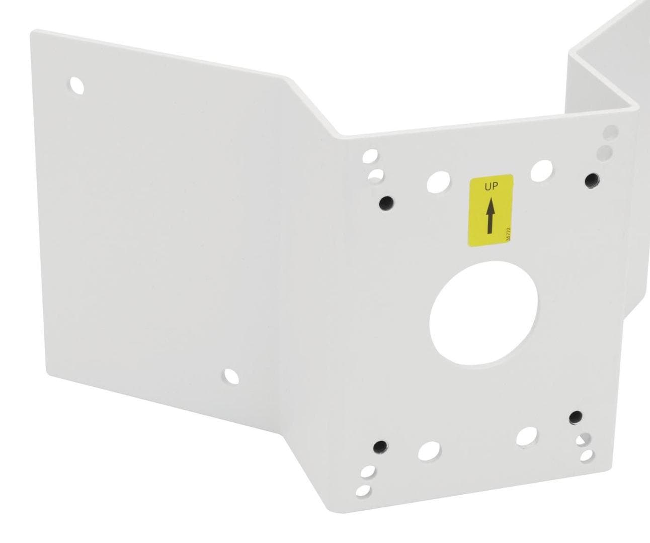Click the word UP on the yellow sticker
pyautogui.click(x=491, y=187)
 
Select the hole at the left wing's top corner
pyautogui.click(x=77, y=85)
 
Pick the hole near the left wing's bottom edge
pyautogui.click(x=231, y=376)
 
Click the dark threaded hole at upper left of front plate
pyautogui.click(x=386, y=203)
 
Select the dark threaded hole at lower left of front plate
pyautogui.click(x=380, y=446)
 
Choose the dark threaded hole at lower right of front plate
pyautogui.click(x=576, y=417)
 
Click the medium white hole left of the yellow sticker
pyautogui.click(x=438, y=181)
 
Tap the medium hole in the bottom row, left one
pyautogui.click(x=429, y=450)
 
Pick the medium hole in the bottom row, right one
pyautogui.click(x=527, y=436)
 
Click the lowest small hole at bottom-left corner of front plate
pyautogui.click(x=363, y=490)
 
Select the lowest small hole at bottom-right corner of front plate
pyautogui.click(x=587, y=456)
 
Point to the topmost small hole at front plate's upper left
pyautogui.click(x=370, y=156)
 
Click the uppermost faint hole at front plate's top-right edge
pyautogui.click(x=610, y=132)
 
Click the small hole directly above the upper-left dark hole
pyautogui.click(x=375, y=175)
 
